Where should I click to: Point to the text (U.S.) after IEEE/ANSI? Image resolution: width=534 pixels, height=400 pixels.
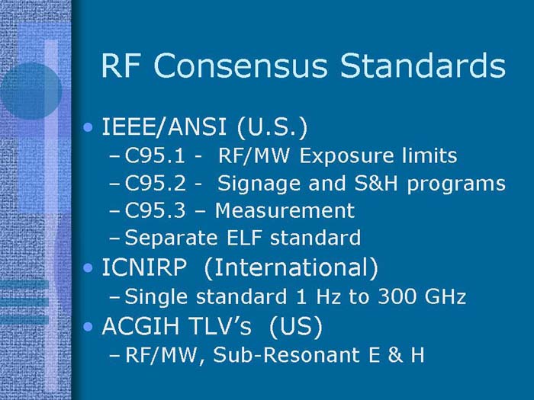coord(268,126)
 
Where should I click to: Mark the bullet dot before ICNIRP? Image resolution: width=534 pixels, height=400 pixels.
coord(91,269)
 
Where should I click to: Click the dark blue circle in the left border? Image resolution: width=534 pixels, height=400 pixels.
coord(29,88)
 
